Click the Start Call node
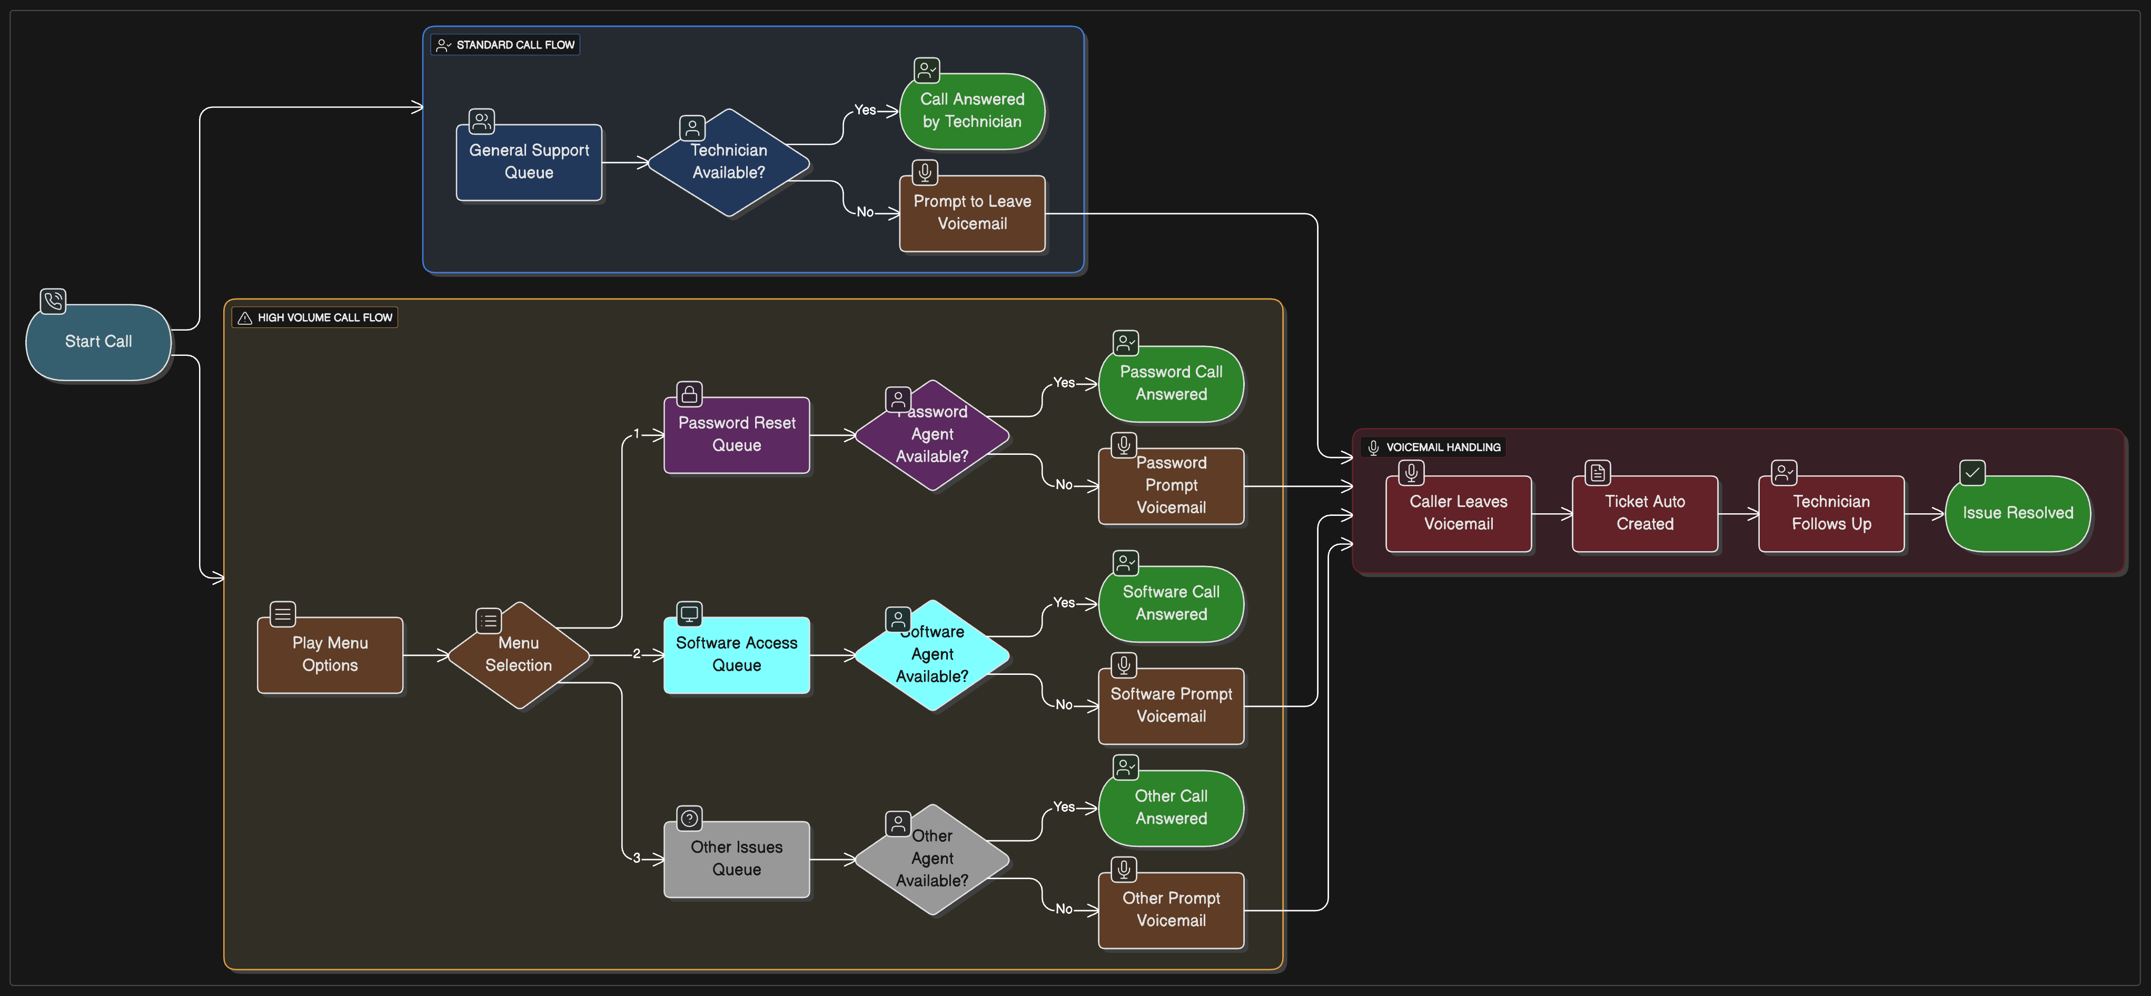pos(98,342)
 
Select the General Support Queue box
pos(529,162)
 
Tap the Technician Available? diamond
pos(728,162)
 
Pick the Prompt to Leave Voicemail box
pos(972,213)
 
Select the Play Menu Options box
pos(330,654)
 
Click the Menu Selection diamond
pos(519,654)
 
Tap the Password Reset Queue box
pos(737,434)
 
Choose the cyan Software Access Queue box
pos(737,654)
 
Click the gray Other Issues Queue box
pos(737,858)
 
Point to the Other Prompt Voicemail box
pos(1171,909)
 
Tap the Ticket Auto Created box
pos(1644,513)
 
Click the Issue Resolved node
pos(2017,513)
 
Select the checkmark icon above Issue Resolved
pos(1972,473)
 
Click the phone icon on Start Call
pos(53,301)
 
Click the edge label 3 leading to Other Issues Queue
pos(636,858)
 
